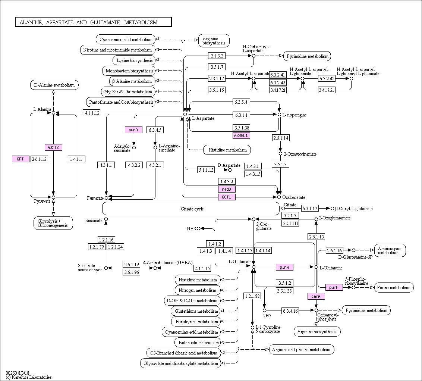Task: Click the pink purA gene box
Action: pyautogui.click(x=133, y=130)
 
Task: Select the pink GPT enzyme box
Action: pyautogui.click(x=21, y=159)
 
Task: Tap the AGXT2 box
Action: pyautogui.click(x=53, y=147)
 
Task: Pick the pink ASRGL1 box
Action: pyautogui.click(x=242, y=135)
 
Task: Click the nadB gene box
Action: pyautogui.click(x=227, y=189)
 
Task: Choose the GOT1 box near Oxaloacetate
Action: pyautogui.click(x=227, y=197)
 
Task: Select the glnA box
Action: pyautogui.click(x=284, y=267)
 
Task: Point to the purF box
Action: pyautogui.click(x=334, y=287)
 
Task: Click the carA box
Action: pyautogui.click(x=316, y=296)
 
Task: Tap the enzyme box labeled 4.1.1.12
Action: pyautogui.click(x=92, y=113)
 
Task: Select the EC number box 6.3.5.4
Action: pyautogui.click(x=241, y=102)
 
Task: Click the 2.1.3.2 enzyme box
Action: pyautogui.click(x=217, y=56)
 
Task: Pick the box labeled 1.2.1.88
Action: pyautogui.click(x=252, y=296)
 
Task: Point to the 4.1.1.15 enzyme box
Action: pyautogui.click(x=202, y=268)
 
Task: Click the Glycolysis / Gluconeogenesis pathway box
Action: pyautogui.click(x=53, y=223)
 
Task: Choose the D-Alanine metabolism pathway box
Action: pyautogui.click(x=54, y=85)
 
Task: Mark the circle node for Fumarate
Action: pyautogui.click(x=106, y=198)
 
